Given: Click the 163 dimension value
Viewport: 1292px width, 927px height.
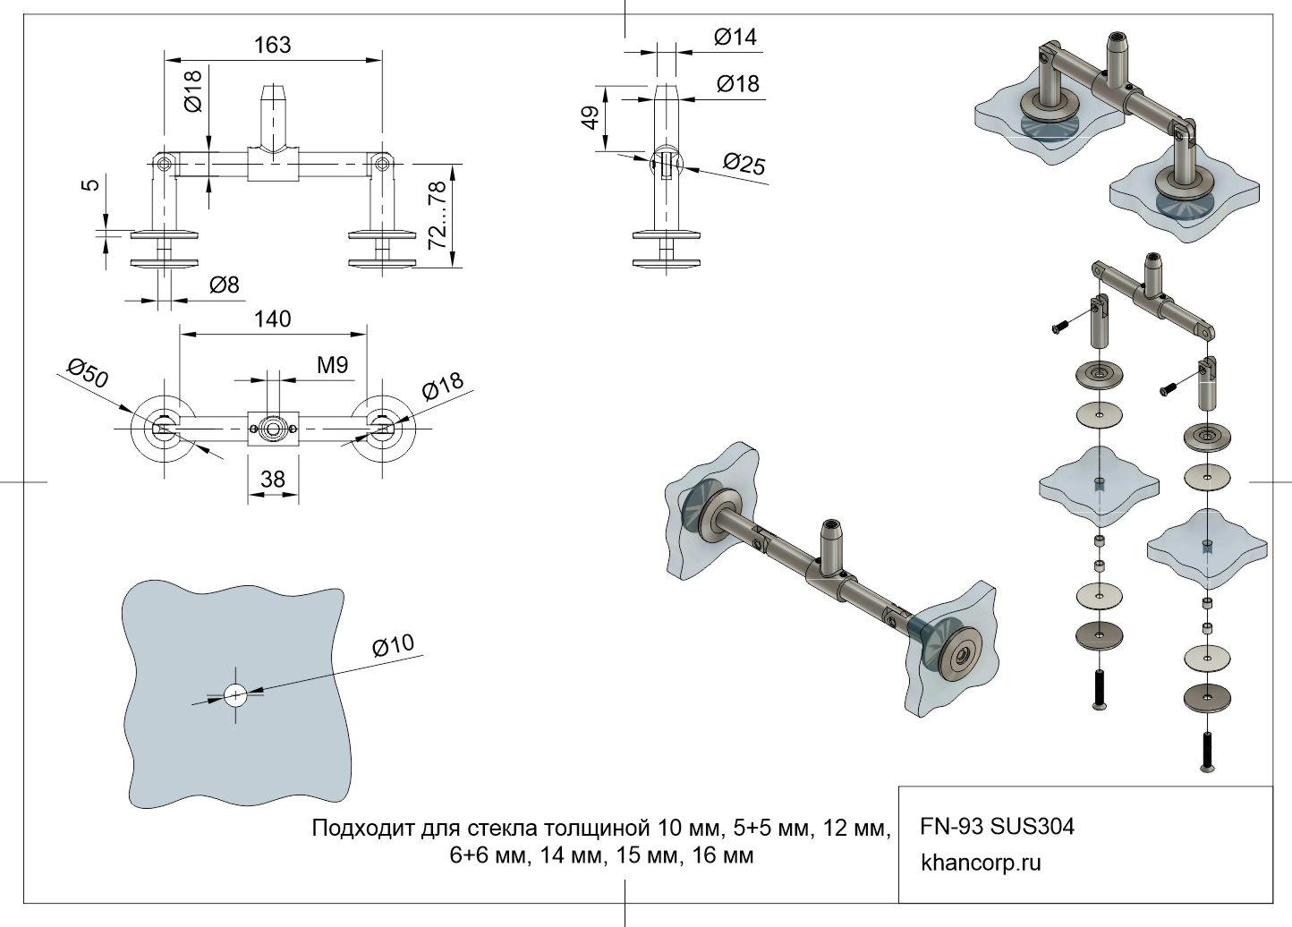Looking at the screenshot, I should (x=273, y=44).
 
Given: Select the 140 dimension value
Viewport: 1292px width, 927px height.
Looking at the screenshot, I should (x=273, y=319).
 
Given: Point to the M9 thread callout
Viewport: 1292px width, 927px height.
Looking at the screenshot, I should (x=332, y=365).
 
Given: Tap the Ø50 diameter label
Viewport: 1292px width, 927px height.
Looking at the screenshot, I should (x=88, y=374).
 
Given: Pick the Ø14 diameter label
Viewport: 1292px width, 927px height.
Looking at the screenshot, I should (x=735, y=37).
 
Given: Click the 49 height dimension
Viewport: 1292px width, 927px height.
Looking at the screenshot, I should (x=591, y=117).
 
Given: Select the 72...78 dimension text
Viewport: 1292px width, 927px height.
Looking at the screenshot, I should (x=438, y=215).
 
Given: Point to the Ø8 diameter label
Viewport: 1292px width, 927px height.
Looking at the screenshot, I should (x=225, y=285).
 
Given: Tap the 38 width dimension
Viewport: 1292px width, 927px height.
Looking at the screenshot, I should (x=273, y=480).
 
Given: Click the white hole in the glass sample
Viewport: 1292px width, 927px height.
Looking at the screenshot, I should (x=235, y=694).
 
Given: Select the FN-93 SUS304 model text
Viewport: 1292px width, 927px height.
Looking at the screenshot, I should (x=997, y=826).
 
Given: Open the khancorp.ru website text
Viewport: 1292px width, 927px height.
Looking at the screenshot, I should (x=981, y=863).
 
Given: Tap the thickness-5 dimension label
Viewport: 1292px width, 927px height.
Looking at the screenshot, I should (x=90, y=185).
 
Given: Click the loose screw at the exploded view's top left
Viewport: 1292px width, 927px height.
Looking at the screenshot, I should (x=1058, y=327).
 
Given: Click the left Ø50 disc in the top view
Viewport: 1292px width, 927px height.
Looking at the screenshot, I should (x=163, y=427).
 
